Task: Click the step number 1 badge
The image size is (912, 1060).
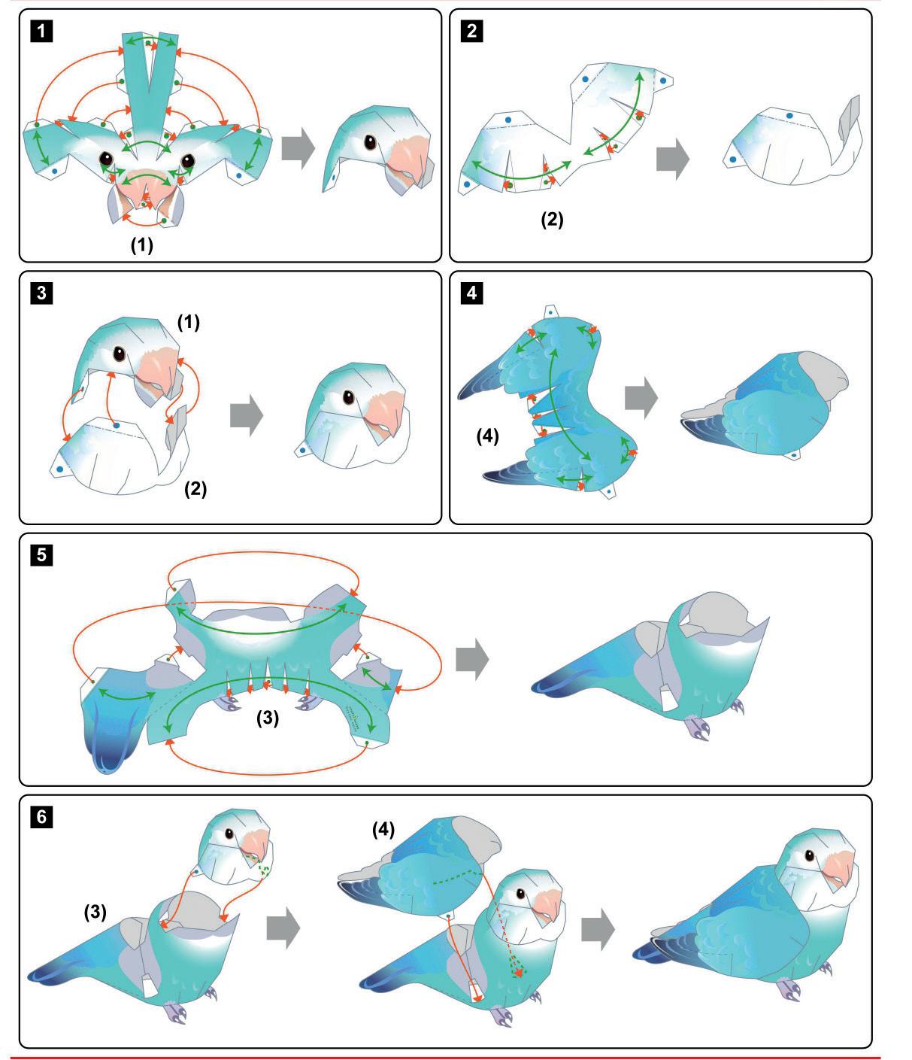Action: [x=41, y=32]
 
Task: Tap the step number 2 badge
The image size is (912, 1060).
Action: [x=471, y=32]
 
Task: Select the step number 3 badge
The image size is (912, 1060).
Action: [x=41, y=293]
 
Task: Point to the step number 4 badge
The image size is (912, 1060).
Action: [x=471, y=293]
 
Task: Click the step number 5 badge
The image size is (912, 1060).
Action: [x=41, y=555]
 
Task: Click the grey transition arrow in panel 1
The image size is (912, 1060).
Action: [x=298, y=148]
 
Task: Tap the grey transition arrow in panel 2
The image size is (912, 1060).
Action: [x=673, y=159]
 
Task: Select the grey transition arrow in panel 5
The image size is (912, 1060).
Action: [x=472, y=659]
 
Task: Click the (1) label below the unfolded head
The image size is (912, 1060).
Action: [x=141, y=245]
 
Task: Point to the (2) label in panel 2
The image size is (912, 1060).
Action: [x=552, y=220]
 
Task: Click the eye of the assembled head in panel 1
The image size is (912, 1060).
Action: [x=370, y=142]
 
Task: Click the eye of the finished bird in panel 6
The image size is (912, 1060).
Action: [x=810, y=855]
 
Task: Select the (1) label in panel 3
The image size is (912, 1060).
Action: [x=189, y=322]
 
